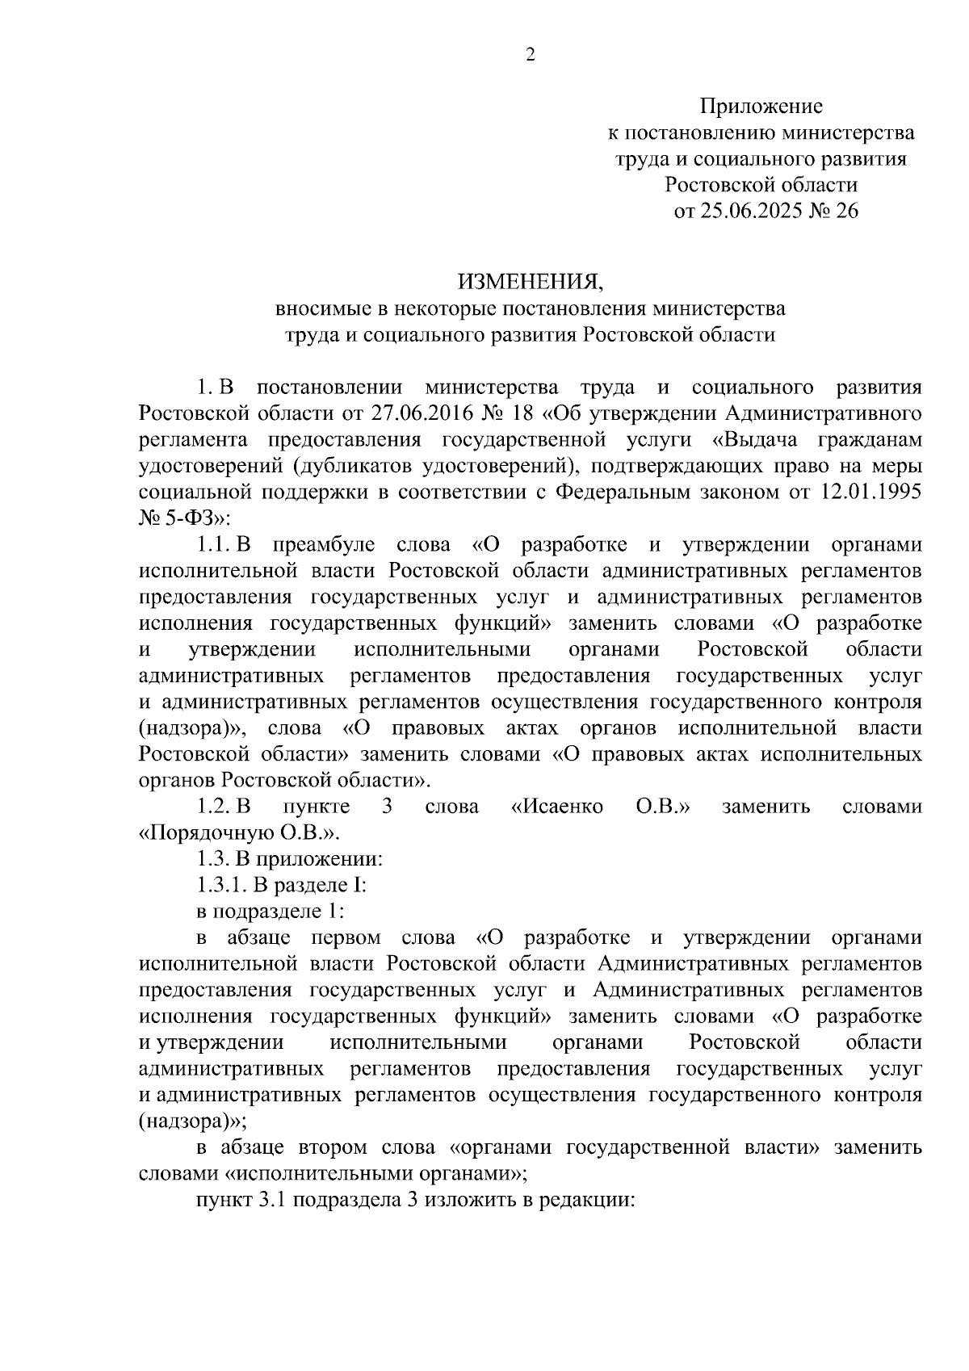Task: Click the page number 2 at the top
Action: [531, 55]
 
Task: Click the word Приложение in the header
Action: [761, 107]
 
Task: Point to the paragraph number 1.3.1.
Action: [221, 885]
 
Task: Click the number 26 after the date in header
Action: [847, 212]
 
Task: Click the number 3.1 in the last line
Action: [272, 1200]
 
